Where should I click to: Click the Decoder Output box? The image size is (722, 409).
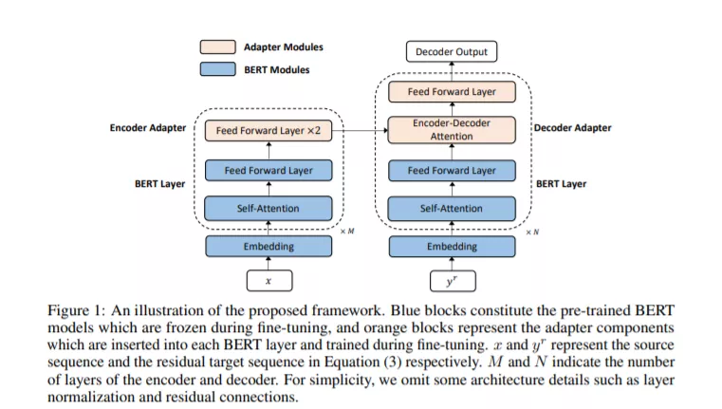[452, 51]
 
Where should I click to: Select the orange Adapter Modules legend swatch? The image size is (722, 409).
[218, 47]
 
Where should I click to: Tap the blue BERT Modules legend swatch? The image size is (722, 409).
[218, 69]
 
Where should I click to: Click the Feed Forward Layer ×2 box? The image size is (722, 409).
[268, 131]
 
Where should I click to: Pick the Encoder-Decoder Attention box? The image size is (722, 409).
[452, 130]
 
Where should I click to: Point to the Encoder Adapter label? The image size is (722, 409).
[148, 128]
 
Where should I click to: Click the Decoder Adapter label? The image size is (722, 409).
[572, 128]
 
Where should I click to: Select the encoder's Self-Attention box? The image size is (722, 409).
[268, 209]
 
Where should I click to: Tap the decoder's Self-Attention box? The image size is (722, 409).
[452, 209]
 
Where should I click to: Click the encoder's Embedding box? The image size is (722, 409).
[268, 247]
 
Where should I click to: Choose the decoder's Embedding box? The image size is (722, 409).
[453, 247]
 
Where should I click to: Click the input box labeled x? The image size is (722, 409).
[269, 281]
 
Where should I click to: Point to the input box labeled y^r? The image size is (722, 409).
[453, 281]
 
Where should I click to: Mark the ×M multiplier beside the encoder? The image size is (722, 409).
[347, 232]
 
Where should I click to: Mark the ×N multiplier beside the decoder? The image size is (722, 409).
[532, 232]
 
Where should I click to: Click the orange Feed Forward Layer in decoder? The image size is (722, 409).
[452, 92]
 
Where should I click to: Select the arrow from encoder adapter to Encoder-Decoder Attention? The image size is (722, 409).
[361, 131]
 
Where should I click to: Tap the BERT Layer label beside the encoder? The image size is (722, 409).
[159, 184]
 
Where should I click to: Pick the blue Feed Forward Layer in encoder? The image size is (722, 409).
[268, 171]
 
